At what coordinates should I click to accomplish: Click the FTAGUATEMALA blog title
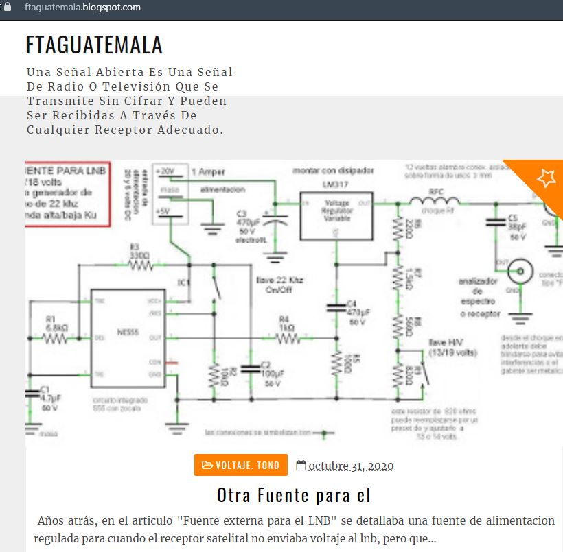[94, 45]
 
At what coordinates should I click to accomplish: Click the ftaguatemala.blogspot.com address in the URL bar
[82, 8]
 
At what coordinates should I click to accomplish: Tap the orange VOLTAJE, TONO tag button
[240, 466]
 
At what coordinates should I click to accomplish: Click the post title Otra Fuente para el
[294, 494]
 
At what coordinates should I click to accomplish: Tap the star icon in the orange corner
[546, 178]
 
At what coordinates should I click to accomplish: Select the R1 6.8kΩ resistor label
[56, 323]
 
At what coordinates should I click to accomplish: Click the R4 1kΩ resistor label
[286, 324]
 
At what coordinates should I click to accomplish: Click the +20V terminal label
[166, 171]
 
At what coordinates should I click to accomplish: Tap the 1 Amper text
[207, 171]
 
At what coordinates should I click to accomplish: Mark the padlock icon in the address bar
[8, 8]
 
